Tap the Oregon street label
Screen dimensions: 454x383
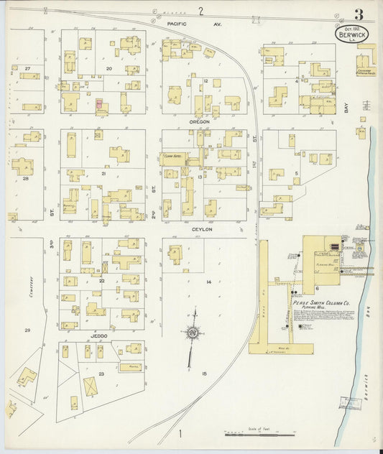199,122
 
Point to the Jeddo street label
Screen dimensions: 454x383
99,335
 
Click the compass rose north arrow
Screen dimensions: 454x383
193,333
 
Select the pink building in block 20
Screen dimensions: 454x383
99,103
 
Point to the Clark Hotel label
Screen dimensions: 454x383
172,155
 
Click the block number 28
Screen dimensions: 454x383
25,178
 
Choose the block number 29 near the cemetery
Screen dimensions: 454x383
27,330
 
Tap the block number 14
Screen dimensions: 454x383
208,282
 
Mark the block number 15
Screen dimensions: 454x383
205,374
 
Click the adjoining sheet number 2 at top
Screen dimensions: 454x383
202,10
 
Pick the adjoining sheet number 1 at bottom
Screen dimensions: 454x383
181,433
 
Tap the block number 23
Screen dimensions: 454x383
102,374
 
